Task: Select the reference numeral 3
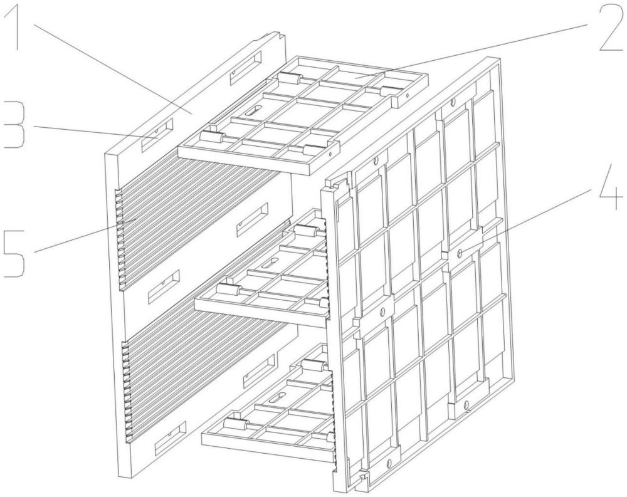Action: pos(13,125)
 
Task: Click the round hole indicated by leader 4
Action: pos(461,252)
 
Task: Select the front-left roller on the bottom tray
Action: pos(234,425)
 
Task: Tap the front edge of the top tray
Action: pos(257,157)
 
